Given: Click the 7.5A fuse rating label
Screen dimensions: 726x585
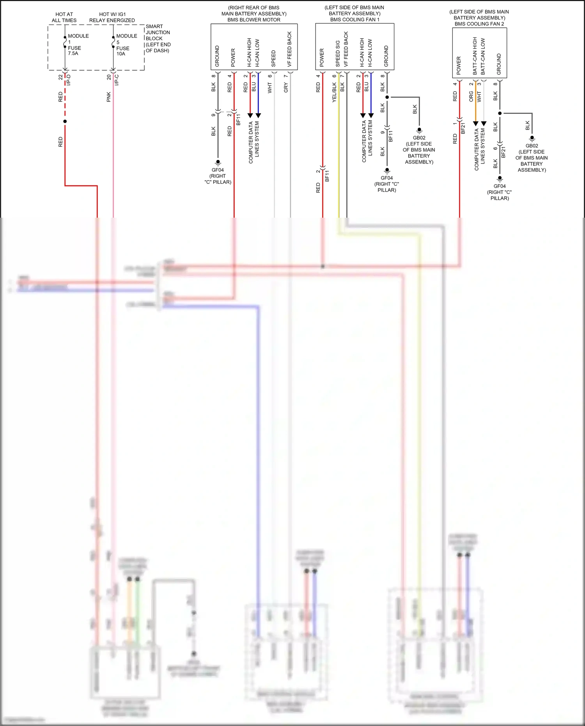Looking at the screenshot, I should (x=73, y=53).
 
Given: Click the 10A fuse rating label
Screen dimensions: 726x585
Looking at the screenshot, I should (x=121, y=54).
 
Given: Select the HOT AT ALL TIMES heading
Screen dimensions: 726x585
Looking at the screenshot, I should (x=64, y=17).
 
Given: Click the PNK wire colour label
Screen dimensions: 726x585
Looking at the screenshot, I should (x=109, y=97).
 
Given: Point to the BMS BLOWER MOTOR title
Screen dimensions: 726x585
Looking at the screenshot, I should (x=254, y=20).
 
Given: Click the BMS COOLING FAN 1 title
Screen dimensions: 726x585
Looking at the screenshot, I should (x=355, y=20).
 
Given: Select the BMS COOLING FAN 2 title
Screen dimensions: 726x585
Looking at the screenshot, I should (x=479, y=24).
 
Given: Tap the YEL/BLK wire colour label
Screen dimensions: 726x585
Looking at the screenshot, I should (x=334, y=92).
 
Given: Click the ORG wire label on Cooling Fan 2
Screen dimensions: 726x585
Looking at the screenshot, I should (x=471, y=96).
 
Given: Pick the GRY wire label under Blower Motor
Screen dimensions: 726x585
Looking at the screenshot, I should (x=286, y=87).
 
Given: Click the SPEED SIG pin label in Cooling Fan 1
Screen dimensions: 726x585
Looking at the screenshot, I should (x=338, y=53).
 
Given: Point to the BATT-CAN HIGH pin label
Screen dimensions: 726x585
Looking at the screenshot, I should (x=475, y=56).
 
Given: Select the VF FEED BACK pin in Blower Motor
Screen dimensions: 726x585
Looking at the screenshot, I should (x=289, y=49).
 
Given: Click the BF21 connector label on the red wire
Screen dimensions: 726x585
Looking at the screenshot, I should (x=463, y=128).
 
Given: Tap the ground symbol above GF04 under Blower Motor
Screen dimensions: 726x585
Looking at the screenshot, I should (x=218, y=162).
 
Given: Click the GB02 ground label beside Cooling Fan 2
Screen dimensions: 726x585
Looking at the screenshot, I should (x=532, y=146).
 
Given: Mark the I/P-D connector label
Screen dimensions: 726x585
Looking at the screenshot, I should (x=69, y=80).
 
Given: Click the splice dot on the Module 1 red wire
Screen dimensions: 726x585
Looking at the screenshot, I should (x=65, y=121).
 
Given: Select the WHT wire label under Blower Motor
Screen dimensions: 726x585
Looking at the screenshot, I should (x=269, y=88).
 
